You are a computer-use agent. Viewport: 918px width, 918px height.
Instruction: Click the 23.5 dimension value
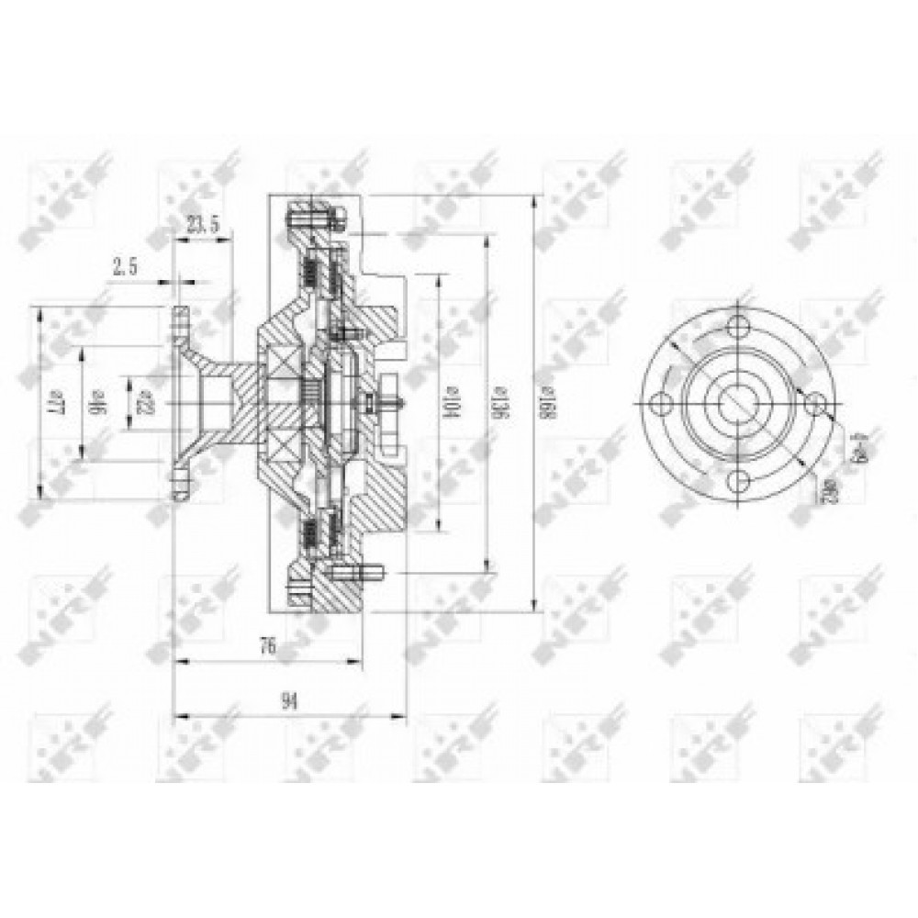[x=203, y=223]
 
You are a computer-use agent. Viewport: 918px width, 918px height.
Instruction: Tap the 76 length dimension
[x=267, y=646]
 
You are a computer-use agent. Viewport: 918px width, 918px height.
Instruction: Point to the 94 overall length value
[x=289, y=702]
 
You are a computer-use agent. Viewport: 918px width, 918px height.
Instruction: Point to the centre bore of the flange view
[x=739, y=404]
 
